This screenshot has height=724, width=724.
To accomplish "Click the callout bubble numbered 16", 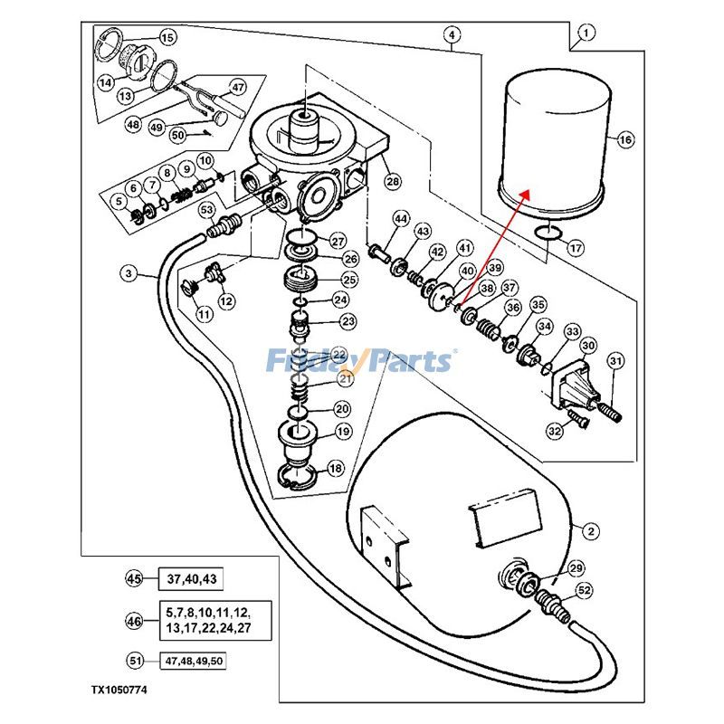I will click(626, 140).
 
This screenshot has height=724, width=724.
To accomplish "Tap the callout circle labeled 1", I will click(586, 34).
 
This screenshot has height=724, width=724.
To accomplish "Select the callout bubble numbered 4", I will click(452, 35).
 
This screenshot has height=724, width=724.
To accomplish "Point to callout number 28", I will click(392, 183).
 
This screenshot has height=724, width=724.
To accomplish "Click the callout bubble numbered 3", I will click(129, 272).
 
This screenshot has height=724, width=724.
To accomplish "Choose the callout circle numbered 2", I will click(590, 530).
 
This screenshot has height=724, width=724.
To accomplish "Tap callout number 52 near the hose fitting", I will click(584, 590).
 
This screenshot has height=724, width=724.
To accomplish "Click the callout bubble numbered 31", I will click(616, 363).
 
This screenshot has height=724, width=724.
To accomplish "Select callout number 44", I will click(401, 218).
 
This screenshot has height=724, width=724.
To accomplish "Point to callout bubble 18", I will click(336, 469).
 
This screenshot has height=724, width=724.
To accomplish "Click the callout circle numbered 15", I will click(167, 37).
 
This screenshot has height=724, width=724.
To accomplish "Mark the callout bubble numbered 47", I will click(237, 88).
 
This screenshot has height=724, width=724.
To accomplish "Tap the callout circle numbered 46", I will click(135, 622).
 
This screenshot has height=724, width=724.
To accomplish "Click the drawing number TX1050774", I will click(118, 690).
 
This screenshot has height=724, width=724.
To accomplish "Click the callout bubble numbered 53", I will click(206, 211).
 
